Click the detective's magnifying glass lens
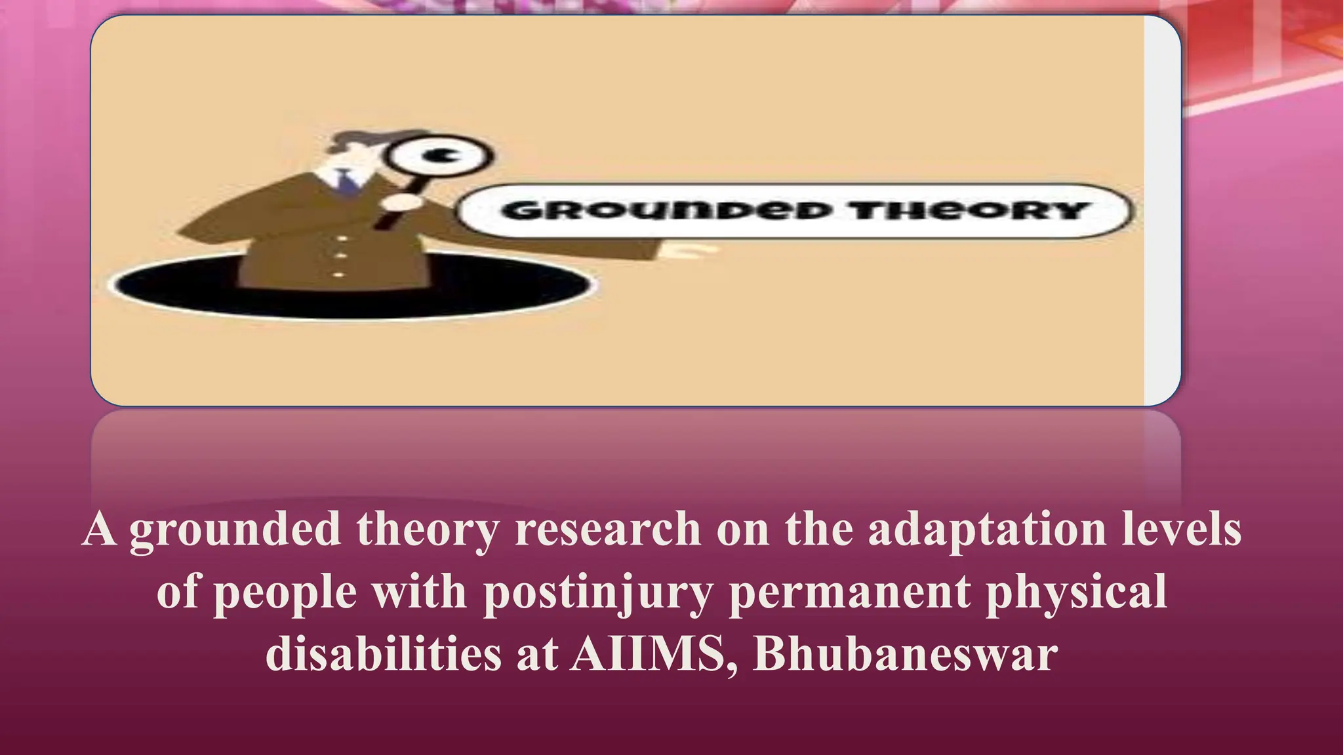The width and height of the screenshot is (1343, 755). [438, 157]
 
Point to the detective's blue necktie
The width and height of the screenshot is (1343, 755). [346, 181]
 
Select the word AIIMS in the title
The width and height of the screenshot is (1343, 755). [649, 653]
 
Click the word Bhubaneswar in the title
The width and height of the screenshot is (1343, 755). [905, 653]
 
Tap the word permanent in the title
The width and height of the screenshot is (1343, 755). [849, 592]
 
